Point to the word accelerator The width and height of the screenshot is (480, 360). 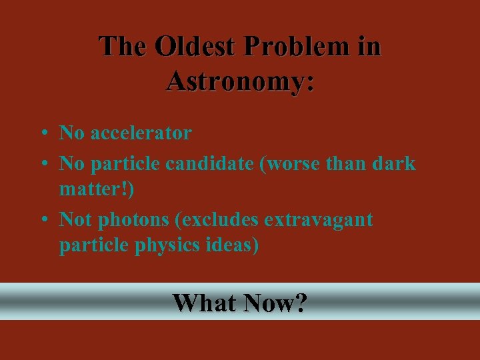click(x=141, y=133)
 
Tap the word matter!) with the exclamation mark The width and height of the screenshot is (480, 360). click(x=97, y=190)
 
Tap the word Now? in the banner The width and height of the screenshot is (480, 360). click(x=275, y=303)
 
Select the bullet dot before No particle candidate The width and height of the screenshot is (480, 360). click(x=43, y=163)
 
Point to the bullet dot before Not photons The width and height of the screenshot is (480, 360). click(x=43, y=219)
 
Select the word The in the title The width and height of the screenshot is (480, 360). click(x=124, y=47)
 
